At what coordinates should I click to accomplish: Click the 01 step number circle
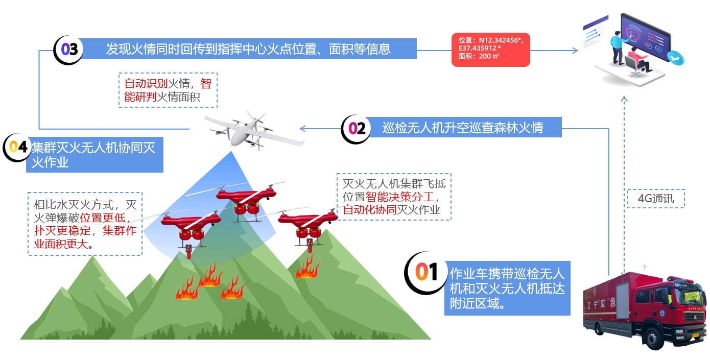point(425,273)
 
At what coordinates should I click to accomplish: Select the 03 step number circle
point(68,50)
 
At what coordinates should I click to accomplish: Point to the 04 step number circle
point(17,148)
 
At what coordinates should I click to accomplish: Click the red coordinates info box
point(491,50)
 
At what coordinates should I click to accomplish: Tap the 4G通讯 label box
point(656,199)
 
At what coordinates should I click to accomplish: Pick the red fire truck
point(645,309)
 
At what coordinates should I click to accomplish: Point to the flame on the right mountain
point(307,267)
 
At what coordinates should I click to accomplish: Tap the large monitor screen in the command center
point(645,37)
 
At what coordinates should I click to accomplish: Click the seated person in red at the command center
point(640,61)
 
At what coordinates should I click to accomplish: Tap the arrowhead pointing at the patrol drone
point(303,129)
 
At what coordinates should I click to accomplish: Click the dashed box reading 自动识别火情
point(168,90)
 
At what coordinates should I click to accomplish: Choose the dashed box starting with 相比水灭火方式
point(85,224)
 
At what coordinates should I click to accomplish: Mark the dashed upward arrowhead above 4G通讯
point(624,99)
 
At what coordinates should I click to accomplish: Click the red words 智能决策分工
point(399,197)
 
